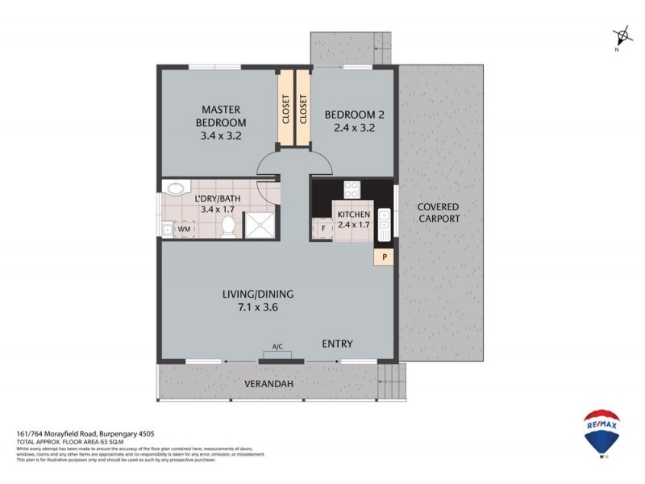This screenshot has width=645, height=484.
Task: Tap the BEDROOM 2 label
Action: [350, 115]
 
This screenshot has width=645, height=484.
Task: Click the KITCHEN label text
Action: [353, 215]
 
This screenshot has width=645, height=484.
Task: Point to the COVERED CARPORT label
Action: [439, 213]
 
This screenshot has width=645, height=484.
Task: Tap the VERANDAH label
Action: [268, 383]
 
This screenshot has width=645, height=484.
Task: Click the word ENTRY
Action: [337, 344]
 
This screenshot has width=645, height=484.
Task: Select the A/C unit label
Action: [277, 347]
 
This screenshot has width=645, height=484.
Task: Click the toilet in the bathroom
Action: [228, 227]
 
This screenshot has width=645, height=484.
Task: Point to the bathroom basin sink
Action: [173, 190]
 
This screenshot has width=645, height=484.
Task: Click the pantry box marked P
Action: [385, 257]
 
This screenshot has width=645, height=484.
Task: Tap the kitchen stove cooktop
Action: [352, 190]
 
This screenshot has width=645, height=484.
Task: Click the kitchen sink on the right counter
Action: [385, 221]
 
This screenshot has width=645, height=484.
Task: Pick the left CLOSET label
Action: [286, 110]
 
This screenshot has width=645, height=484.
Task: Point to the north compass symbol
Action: [622, 36]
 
